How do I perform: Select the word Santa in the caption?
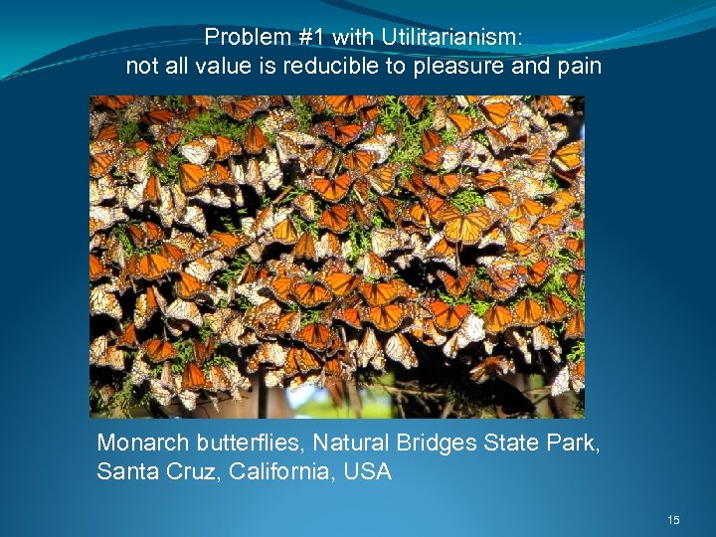click(123, 471)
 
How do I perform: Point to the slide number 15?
click(673, 520)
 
